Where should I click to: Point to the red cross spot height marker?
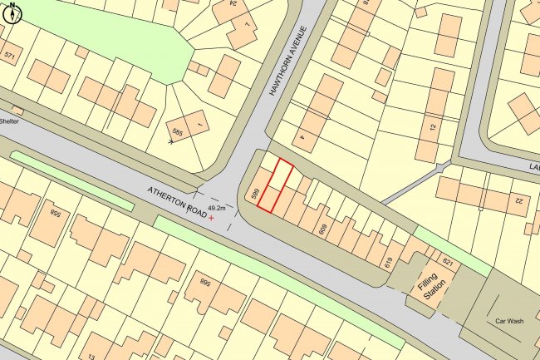pos(211,219)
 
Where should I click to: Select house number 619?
pos(387,262)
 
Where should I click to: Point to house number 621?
pos(448,263)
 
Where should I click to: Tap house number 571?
pos(10,57)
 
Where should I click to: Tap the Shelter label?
pos(9,121)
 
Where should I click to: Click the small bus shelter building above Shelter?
pos(17,110)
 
